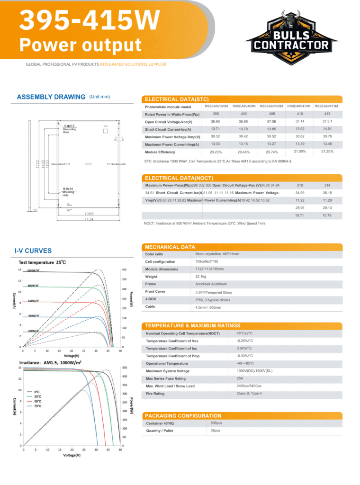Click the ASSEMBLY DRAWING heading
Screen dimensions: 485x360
(x=51, y=97)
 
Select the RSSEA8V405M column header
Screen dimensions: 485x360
(x=271, y=106)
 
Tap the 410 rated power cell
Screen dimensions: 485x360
(x=299, y=114)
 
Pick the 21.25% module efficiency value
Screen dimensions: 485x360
(x=327, y=152)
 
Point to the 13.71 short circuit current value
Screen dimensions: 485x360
(x=216, y=129)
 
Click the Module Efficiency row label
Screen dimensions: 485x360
(x=160, y=152)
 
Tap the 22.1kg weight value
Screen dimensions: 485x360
(x=201, y=277)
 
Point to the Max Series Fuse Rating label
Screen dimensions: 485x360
(x=166, y=378)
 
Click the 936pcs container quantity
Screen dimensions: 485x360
(x=216, y=423)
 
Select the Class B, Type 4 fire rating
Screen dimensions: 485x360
(x=249, y=394)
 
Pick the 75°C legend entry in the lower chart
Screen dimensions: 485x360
(x=38, y=406)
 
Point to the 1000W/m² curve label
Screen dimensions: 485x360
(x=33, y=270)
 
